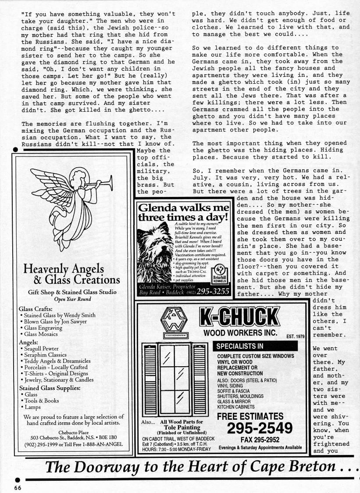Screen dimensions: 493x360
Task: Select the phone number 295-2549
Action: pos(260,428)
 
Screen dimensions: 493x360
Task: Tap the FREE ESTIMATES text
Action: pos(250,416)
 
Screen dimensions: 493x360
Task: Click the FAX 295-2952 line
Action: pos(260,439)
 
